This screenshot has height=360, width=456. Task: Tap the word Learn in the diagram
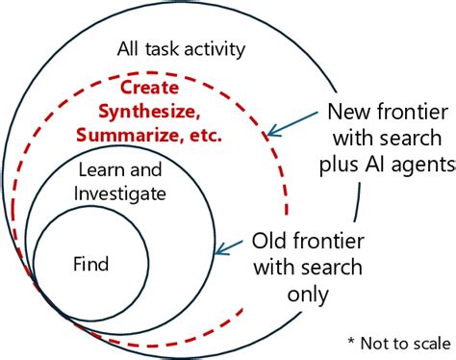pyautogui.click(x=96, y=168)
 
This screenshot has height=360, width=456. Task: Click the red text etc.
pyautogui.click(x=202, y=135)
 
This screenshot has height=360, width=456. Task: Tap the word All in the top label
pyautogui.click(x=130, y=48)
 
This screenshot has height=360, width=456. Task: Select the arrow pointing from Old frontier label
pyautogui.click(x=231, y=248)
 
